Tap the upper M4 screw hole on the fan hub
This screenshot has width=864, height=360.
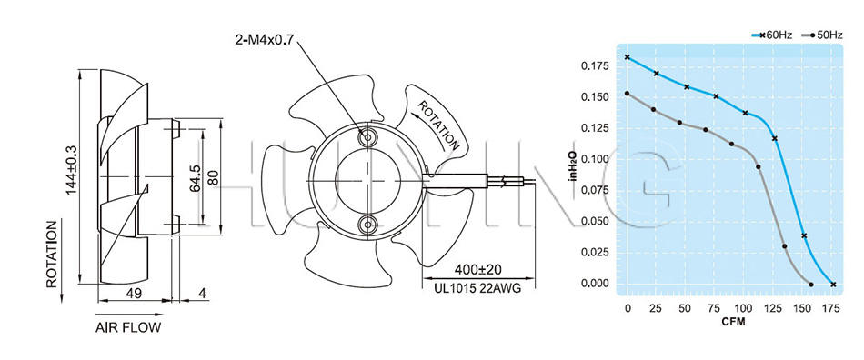367,136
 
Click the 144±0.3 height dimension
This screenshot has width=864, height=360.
71,170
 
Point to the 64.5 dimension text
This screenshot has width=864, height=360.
195,176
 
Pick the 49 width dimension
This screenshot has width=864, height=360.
134,294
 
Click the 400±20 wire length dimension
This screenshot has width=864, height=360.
478,270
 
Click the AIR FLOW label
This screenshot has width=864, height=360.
128,328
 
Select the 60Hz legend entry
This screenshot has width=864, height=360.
772,35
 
